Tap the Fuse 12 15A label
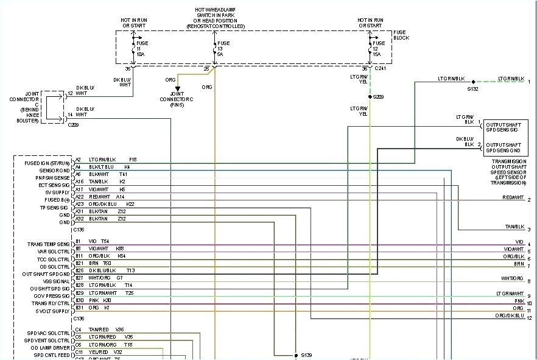click(379, 49)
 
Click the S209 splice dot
click(370, 97)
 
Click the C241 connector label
click(381, 69)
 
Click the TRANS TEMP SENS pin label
click(49, 244)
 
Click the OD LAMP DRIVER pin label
click(51, 347)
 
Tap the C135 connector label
click(79, 230)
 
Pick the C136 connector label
click(79, 319)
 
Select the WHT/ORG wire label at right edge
click(513, 278)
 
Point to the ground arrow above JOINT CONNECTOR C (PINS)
click(178, 89)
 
